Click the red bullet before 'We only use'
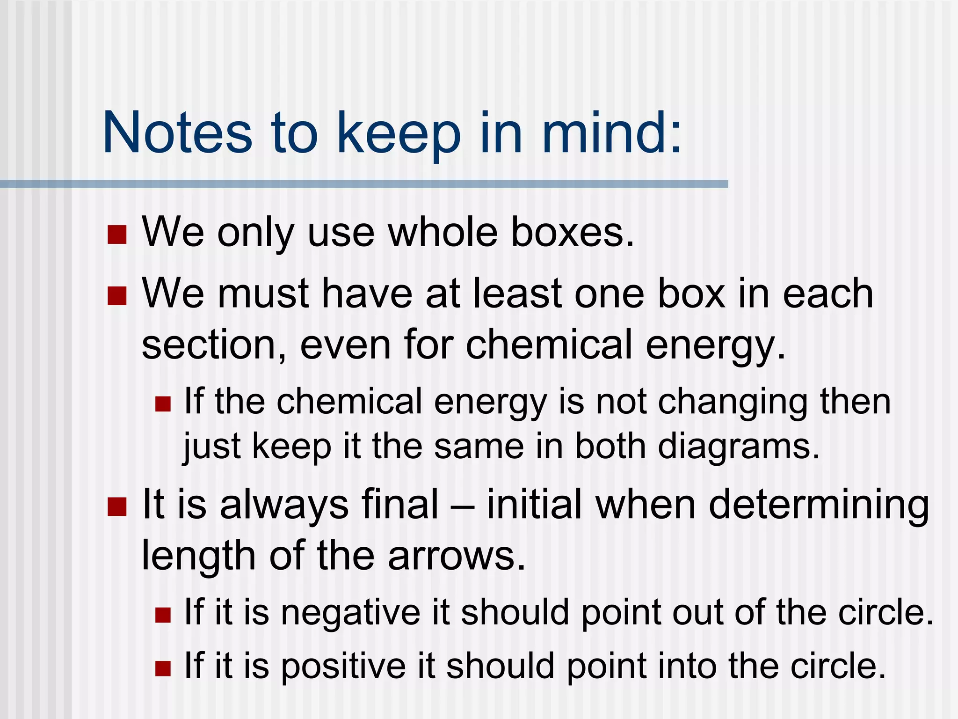117,235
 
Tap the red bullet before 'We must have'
117,296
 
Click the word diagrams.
739,447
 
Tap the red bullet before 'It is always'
117,506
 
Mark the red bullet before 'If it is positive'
163,668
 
